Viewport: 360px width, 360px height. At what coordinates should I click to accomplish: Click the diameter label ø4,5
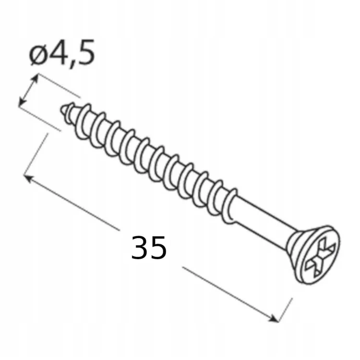pos(62,54)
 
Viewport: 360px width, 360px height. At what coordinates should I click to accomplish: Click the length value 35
pos(149,248)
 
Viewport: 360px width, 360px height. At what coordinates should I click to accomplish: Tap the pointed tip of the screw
pos(62,110)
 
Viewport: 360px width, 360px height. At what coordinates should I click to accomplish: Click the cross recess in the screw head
pos(321,257)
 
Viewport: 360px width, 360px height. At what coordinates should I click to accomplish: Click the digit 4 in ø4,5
pos(56,52)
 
